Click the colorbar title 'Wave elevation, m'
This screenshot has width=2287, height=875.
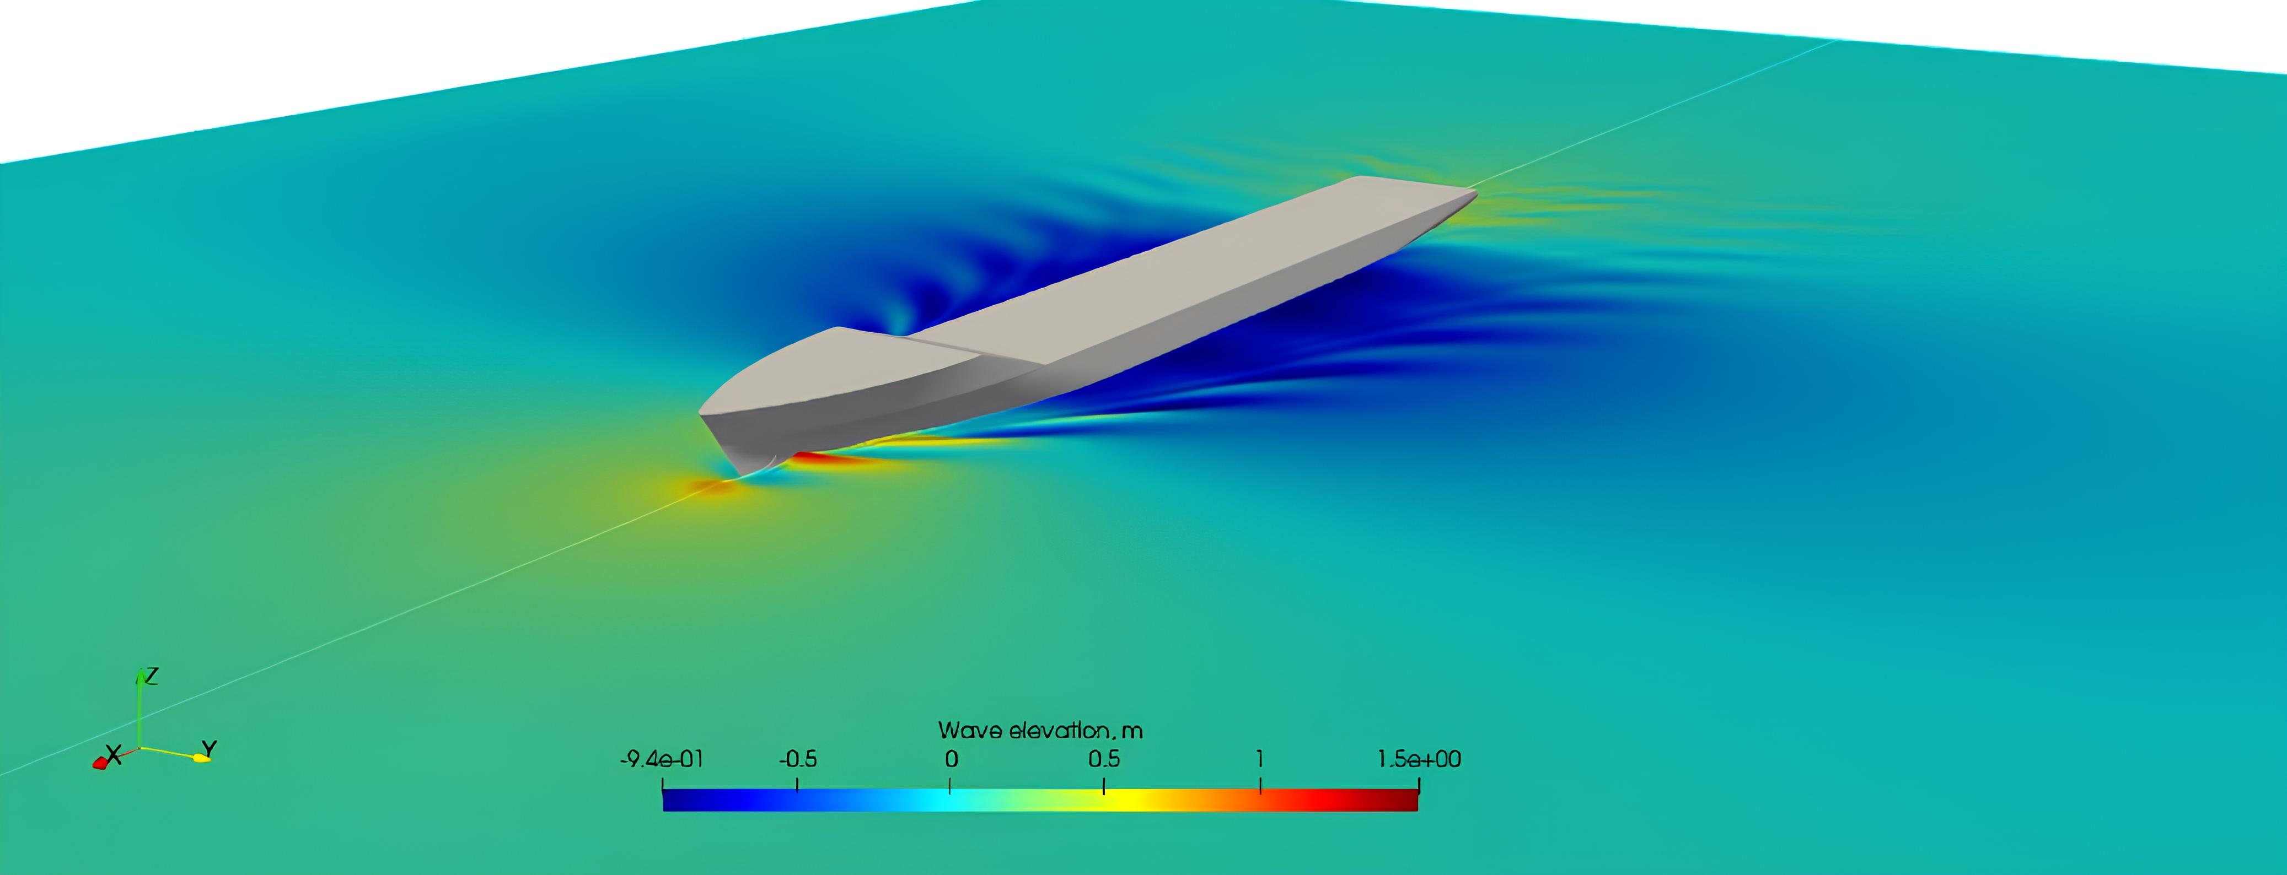coord(1040,731)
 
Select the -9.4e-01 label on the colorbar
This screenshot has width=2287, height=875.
coord(662,760)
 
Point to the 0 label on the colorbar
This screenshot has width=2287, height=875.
coord(951,760)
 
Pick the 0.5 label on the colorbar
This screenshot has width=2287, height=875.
coord(1104,760)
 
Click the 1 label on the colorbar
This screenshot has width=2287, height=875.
coord(1260,760)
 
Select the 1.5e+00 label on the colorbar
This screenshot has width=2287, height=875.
coord(1419,760)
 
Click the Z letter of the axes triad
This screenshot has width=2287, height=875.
coord(152,676)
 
